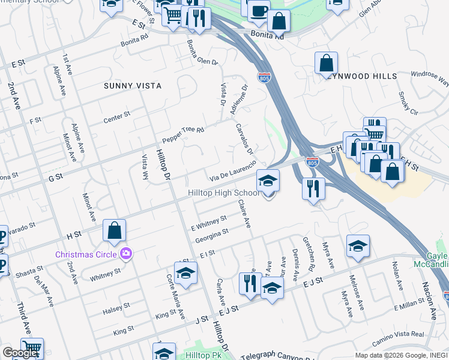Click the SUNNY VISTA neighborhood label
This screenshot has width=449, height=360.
(132, 86)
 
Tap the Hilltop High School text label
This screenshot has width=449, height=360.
(224, 193)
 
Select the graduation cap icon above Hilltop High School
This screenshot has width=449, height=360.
(268, 179)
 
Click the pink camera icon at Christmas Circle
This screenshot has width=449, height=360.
(125, 254)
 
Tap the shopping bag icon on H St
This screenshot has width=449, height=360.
(114, 231)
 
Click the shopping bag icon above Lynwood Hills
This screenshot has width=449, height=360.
(326, 62)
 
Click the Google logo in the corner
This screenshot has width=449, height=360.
(20, 353)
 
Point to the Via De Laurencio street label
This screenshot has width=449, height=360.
(234, 170)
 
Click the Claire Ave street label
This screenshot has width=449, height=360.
(244, 214)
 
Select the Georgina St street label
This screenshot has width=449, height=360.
(211, 235)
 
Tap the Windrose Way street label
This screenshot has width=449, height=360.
(430, 78)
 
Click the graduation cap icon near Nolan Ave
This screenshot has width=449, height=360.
(358, 246)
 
